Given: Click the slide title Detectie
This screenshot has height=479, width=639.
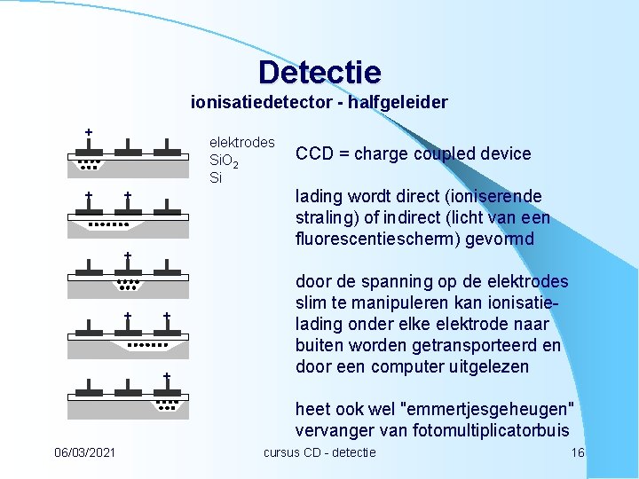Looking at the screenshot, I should [319, 72].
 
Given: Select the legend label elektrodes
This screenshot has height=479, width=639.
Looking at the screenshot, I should [241, 142].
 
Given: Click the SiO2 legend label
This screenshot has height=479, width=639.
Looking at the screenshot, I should [223, 161].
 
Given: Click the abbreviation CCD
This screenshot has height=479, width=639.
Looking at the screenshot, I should [314, 153].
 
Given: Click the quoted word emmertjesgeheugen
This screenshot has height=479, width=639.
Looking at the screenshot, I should [488, 410].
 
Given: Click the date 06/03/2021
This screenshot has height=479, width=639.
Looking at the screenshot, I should [84, 452].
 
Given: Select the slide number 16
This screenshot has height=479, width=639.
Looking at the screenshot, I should [577, 452].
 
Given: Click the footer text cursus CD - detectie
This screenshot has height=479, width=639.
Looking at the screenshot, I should [319, 452].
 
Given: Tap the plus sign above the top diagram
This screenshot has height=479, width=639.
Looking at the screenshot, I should [88, 132].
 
